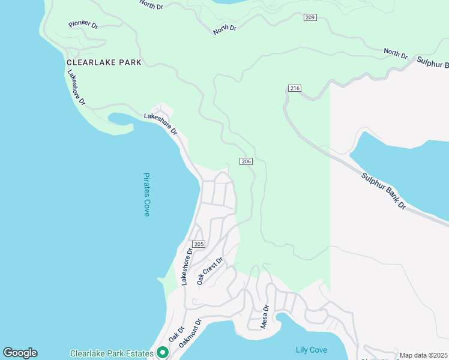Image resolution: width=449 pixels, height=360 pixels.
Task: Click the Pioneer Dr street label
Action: tap(83, 25)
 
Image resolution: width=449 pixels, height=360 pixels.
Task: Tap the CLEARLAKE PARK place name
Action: tap(104, 62)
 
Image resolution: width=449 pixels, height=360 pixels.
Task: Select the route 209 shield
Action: tap(310, 18)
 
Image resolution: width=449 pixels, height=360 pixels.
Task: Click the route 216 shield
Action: tap(294, 88)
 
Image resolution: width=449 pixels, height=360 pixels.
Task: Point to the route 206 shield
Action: tap(246, 161)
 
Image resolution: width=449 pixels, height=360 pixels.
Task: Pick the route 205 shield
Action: tap(199, 244)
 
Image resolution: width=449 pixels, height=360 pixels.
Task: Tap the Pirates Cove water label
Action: tap(146, 194)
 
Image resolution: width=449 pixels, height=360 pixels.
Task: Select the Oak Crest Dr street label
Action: tap(211, 271)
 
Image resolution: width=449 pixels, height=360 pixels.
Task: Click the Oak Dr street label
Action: tap(176, 335)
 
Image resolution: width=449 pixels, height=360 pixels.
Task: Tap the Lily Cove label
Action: tap(312, 350)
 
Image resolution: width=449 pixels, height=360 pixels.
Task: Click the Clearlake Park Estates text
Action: tap(112, 353)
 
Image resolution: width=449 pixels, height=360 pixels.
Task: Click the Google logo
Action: tap(20, 353)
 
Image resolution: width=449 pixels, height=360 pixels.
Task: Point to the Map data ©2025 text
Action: tap(423, 355)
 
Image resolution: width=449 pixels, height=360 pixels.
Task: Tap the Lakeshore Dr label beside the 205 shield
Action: tap(187, 266)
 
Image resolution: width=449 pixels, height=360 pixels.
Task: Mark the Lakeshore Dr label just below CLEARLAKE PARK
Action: tap(76, 89)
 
